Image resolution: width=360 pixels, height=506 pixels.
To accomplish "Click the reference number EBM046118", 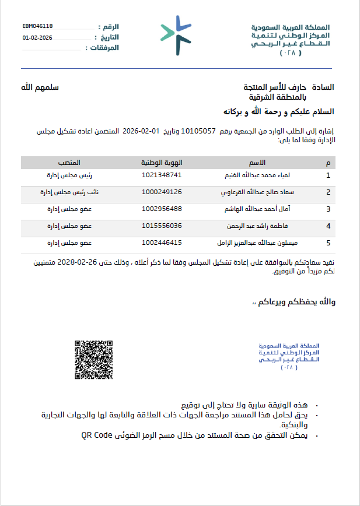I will [x=38, y=26].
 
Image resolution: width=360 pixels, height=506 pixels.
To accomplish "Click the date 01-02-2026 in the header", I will [x=38, y=37].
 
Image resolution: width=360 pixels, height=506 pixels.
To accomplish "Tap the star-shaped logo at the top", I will [x=176, y=36].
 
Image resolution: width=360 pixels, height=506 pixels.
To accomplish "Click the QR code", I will [x=94, y=359].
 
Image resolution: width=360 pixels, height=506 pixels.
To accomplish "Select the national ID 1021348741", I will [x=162, y=175].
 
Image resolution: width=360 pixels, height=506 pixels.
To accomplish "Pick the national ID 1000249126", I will [x=162, y=192].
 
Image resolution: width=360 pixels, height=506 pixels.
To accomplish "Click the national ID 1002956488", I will [x=162, y=209].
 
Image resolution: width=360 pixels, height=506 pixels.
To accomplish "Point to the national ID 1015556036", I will [x=162, y=226].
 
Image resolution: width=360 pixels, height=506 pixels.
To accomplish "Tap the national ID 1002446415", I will [x=162, y=243].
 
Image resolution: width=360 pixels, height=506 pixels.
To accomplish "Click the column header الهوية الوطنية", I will [x=162, y=161].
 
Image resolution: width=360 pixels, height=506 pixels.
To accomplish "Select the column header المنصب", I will [x=69, y=161].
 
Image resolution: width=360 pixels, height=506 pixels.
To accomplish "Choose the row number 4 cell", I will [x=328, y=226].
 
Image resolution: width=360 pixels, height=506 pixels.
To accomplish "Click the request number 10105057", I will [x=199, y=131].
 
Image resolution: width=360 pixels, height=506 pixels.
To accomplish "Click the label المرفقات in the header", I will [x=105, y=48].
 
